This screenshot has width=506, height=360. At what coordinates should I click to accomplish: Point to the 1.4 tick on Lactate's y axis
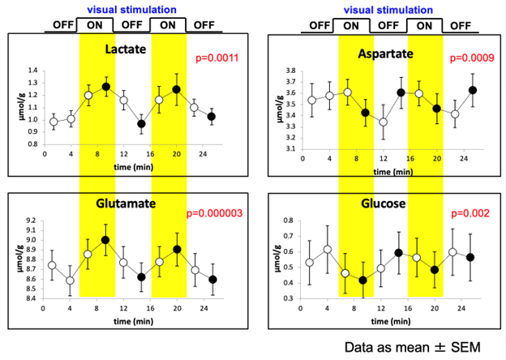click(32, 71)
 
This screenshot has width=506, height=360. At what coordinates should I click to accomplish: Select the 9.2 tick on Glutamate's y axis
click(32, 221)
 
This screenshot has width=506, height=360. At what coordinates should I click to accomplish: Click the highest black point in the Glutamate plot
click(105, 240)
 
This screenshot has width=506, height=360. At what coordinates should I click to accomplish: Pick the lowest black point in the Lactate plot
click(141, 124)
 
